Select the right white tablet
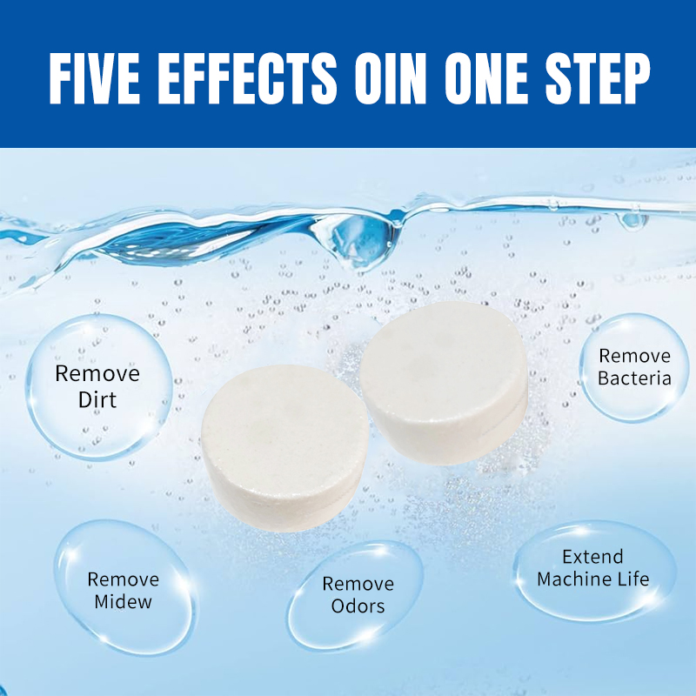[x=444, y=383]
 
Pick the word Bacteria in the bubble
[x=634, y=378]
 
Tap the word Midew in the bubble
[x=123, y=602]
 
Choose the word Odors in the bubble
[x=358, y=606]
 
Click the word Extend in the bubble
[x=592, y=557]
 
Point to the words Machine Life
[x=592, y=579]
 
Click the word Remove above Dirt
[x=97, y=374]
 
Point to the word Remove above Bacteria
[x=634, y=356]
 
